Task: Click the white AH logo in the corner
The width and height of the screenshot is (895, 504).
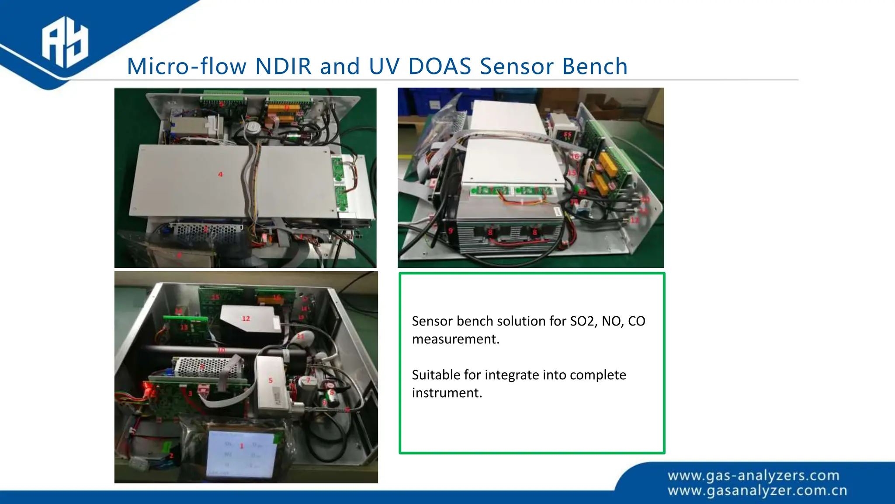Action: (65, 42)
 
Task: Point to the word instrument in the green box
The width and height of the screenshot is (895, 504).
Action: (447, 393)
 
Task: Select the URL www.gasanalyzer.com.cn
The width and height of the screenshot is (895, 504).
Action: (757, 491)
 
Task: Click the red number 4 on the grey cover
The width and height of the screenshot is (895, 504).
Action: (220, 174)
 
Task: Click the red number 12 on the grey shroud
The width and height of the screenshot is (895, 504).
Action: (246, 318)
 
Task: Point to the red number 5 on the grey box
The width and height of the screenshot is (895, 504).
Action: (271, 380)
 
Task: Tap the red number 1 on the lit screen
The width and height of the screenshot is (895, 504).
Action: (242, 446)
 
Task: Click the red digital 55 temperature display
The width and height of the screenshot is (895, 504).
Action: (567, 136)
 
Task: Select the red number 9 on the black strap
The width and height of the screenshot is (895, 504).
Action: (451, 231)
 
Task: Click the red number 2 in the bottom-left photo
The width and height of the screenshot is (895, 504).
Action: (171, 455)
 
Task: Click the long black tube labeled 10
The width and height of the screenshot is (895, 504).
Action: (184, 350)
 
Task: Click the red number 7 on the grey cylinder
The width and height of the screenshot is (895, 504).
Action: (309, 381)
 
